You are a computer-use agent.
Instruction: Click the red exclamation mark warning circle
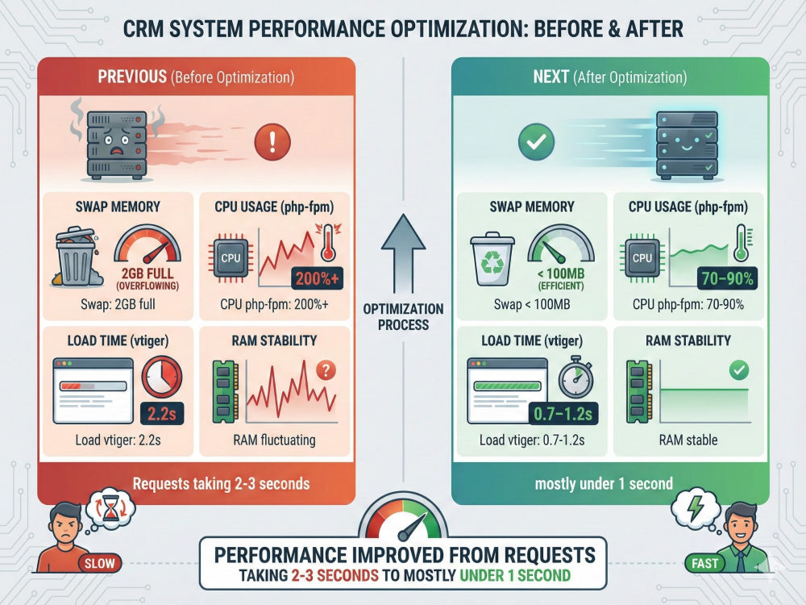272,141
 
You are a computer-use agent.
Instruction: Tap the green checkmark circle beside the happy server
536,141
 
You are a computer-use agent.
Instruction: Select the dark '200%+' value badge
317,278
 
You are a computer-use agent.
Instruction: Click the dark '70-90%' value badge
727,278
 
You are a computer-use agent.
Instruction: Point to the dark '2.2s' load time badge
162,413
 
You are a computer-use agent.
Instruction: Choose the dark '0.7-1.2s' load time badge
563,413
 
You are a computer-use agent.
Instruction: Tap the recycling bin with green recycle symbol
492,259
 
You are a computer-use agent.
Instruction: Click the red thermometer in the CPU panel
327,243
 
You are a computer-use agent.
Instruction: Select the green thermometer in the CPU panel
741,243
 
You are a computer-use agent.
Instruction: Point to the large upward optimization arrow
404,253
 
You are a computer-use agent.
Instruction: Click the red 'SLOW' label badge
100,563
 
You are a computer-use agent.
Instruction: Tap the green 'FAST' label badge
704,563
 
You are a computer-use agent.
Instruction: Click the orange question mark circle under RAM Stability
326,369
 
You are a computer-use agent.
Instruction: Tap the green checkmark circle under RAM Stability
739,369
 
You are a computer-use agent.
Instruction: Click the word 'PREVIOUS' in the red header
132,77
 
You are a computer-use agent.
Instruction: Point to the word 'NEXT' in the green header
551,77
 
